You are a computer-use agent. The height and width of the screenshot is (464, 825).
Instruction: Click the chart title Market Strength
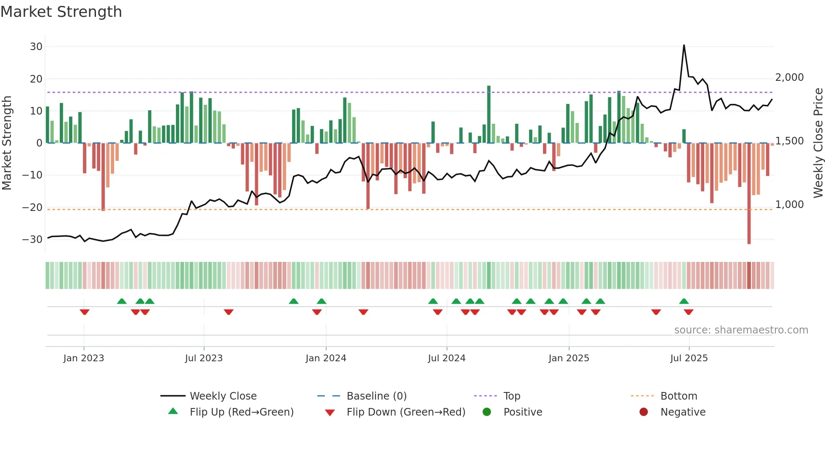[61, 12]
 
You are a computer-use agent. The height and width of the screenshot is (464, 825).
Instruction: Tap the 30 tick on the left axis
[36, 47]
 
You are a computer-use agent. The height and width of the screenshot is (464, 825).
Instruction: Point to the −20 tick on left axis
[32, 207]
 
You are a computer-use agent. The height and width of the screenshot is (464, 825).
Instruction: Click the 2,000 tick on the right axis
[789, 77]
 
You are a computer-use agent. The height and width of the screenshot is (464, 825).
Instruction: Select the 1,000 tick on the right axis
[789, 205]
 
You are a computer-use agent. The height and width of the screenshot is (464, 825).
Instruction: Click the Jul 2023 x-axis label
[204, 358]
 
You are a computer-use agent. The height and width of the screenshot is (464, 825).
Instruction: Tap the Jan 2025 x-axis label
[569, 358]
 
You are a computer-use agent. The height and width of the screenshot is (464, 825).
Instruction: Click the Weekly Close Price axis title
[818, 143]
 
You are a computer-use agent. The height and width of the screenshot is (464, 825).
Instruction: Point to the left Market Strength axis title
[7, 143]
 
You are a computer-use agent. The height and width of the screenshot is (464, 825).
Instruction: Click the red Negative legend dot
[644, 412]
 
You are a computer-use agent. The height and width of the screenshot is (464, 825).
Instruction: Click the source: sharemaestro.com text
[741, 330]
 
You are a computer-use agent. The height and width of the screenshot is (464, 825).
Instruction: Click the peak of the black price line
[684, 45]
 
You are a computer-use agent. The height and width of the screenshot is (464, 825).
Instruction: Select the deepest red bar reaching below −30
[749, 194]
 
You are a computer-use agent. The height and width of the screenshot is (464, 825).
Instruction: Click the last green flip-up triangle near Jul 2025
[684, 301]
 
